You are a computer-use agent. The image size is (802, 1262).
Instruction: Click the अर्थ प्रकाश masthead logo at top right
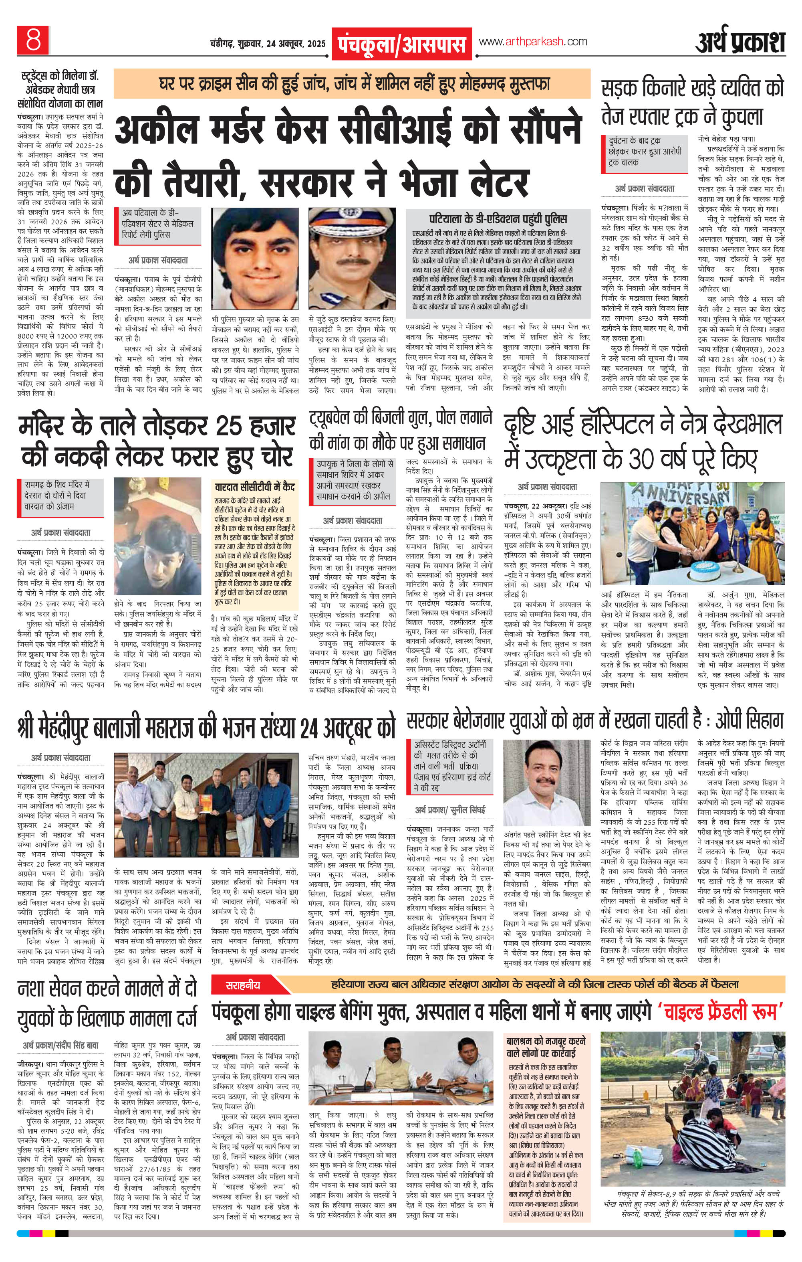pyautogui.click(x=740, y=42)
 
